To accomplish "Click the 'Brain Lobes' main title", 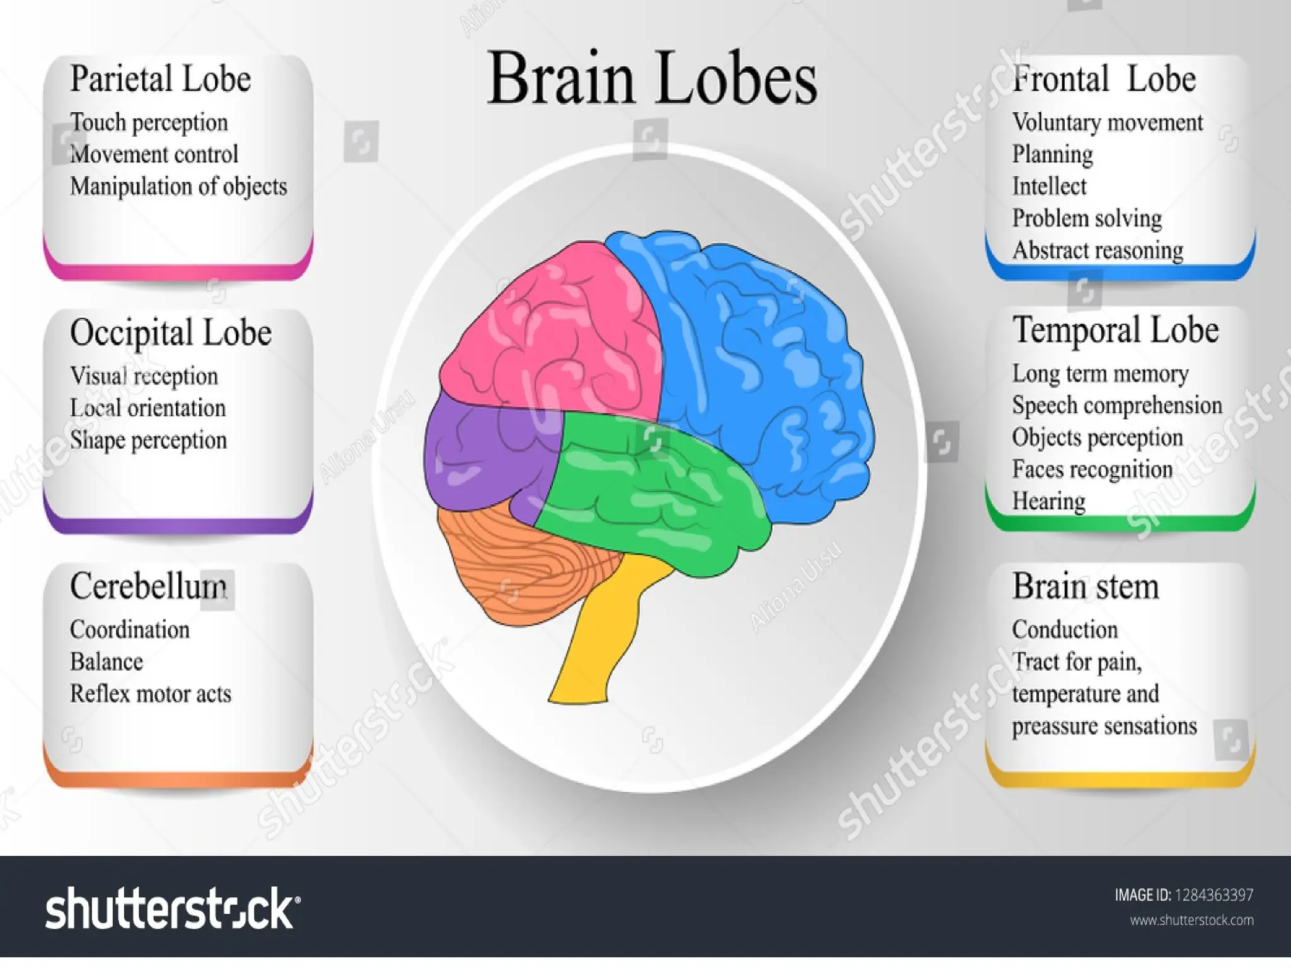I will (652, 79).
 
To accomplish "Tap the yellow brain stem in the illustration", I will (596, 637).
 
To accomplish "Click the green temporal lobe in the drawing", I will (656, 492).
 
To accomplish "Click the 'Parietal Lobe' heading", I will (160, 79).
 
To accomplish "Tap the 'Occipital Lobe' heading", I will (170, 333).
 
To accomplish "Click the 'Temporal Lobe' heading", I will (1115, 330).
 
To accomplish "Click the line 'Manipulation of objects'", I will (178, 187).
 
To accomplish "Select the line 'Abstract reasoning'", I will (1097, 251).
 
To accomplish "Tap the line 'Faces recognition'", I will (1092, 470).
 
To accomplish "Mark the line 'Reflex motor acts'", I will (151, 694).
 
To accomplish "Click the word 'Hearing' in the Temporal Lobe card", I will (1048, 502).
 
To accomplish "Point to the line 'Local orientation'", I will (148, 408).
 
